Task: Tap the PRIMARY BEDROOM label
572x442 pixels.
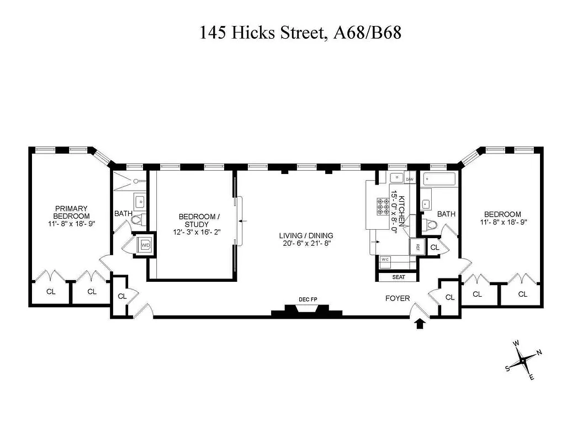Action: point(71,212)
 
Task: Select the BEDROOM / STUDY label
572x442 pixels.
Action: point(193,220)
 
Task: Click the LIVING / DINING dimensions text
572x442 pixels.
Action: point(306,244)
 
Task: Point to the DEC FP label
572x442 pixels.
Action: point(308,300)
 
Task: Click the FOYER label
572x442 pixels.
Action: point(398,299)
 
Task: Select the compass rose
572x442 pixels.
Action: point(523,360)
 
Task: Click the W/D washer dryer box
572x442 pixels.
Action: point(146,245)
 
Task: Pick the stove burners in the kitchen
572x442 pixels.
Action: point(383,206)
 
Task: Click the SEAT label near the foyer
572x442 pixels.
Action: point(398,277)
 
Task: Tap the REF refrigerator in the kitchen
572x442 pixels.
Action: point(418,246)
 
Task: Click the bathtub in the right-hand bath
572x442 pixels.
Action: point(439,179)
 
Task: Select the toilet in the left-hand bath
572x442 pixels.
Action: point(137,220)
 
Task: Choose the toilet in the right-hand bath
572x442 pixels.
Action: point(431,225)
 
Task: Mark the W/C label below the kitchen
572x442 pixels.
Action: point(385,259)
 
